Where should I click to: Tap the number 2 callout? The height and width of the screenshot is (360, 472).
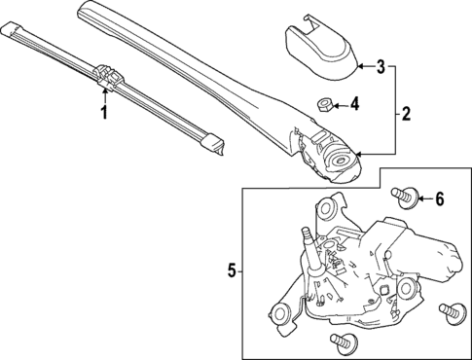point(406,114)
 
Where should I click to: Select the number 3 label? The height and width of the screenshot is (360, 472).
point(381,67)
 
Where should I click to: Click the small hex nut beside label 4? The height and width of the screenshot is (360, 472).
point(324,103)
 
